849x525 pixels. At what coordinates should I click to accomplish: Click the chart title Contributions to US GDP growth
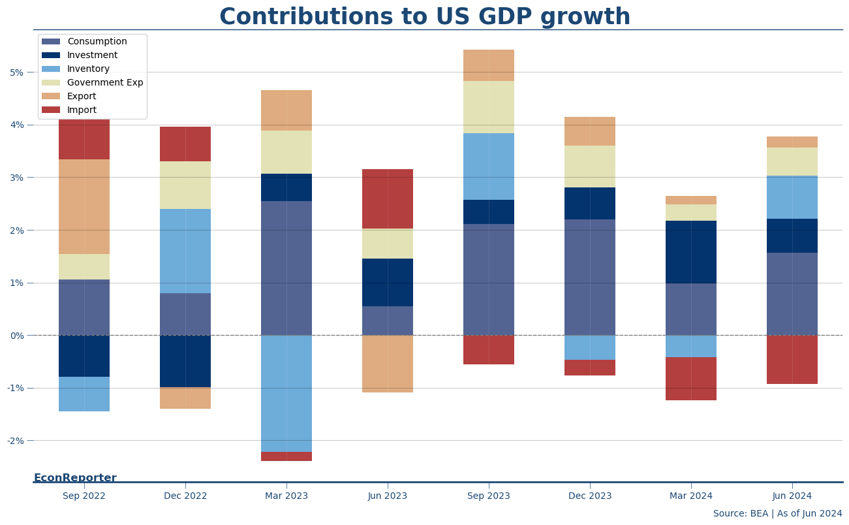point(424,17)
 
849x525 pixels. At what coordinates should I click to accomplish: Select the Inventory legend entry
point(88,69)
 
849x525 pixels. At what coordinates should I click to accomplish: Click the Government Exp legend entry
point(104,83)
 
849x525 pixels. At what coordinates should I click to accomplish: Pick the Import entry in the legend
point(82,110)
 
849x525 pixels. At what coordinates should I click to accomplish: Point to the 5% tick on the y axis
point(16,72)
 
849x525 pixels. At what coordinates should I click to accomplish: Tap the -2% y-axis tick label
point(15,441)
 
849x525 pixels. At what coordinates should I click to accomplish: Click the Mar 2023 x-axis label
point(286,496)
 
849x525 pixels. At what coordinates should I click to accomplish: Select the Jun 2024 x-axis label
point(792,496)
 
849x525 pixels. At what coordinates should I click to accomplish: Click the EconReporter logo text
point(75,478)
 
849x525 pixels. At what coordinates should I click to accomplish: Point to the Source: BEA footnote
point(777,514)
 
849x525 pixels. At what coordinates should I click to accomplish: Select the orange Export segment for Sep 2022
point(84,206)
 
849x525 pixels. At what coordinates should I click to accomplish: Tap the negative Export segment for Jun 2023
point(388,364)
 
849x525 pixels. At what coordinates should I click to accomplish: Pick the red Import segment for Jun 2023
point(388,199)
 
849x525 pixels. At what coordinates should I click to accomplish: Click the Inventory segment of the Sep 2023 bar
point(489,167)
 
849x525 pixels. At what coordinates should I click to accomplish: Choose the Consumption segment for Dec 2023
point(590,277)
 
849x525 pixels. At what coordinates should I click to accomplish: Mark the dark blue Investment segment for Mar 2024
point(691,252)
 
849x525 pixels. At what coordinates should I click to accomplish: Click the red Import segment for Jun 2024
point(792,359)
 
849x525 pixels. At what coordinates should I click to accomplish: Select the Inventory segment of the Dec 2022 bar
point(185,251)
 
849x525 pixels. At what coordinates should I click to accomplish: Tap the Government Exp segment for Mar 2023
point(286,152)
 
